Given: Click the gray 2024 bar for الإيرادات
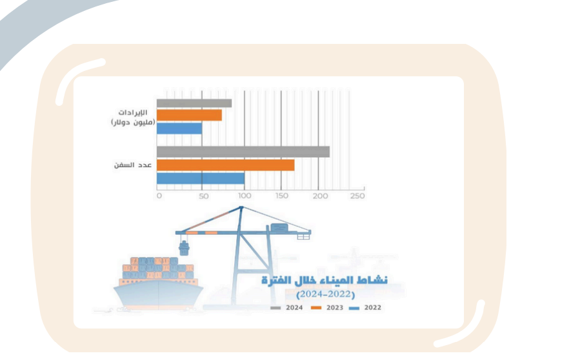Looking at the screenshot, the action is pyautogui.click(x=194, y=103).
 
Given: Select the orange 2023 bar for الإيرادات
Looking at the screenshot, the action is pyautogui.click(x=189, y=115).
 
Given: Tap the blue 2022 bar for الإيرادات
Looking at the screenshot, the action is pyautogui.click(x=179, y=128).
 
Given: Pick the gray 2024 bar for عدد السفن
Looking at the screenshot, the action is pyautogui.click(x=243, y=152).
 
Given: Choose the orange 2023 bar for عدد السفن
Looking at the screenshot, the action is pyautogui.click(x=226, y=165).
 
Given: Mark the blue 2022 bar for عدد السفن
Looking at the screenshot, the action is pyautogui.click(x=201, y=178).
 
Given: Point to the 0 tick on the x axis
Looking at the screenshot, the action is pyautogui.click(x=159, y=196).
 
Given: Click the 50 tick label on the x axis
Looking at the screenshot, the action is pyautogui.click(x=204, y=196).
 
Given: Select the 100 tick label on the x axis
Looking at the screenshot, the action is pyautogui.click(x=245, y=196).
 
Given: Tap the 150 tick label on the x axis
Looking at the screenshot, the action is pyautogui.click(x=282, y=196).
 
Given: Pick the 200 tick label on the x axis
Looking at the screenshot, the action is pyautogui.click(x=320, y=196).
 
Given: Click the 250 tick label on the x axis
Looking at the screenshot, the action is pyautogui.click(x=357, y=196).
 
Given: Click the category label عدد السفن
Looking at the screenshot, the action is pyautogui.click(x=133, y=165).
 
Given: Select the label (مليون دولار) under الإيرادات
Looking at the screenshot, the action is pyautogui.click(x=134, y=123).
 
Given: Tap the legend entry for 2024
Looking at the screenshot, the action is pyautogui.click(x=286, y=308).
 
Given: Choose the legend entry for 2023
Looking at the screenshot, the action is pyautogui.click(x=327, y=308).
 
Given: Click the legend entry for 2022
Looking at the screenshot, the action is pyautogui.click(x=365, y=308).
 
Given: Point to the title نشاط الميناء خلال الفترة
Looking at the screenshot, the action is pyautogui.click(x=325, y=280).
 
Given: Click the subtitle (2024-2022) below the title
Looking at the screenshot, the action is pyautogui.click(x=326, y=294).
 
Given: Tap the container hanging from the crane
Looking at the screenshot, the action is pyautogui.click(x=185, y=248).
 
